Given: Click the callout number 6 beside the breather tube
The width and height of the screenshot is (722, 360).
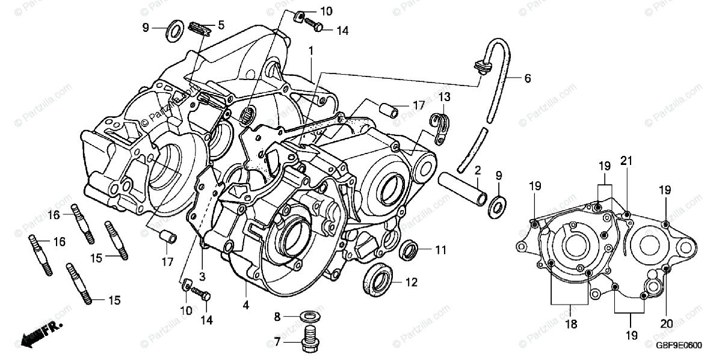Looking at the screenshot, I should click(527, 78).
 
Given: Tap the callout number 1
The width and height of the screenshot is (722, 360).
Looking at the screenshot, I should click(310, 52).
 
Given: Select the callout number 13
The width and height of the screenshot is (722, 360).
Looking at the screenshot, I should click(444, 97).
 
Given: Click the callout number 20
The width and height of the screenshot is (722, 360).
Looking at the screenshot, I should click(665, 324).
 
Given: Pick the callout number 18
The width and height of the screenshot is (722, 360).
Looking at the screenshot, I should click(570, 324).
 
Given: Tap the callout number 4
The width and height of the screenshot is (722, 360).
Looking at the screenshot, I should click(246, 305).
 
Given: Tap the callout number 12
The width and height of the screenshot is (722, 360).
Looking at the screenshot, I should click(411, 281).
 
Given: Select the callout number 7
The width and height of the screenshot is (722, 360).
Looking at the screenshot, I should click(277, 341).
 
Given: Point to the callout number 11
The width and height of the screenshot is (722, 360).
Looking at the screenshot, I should click(440, 249).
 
